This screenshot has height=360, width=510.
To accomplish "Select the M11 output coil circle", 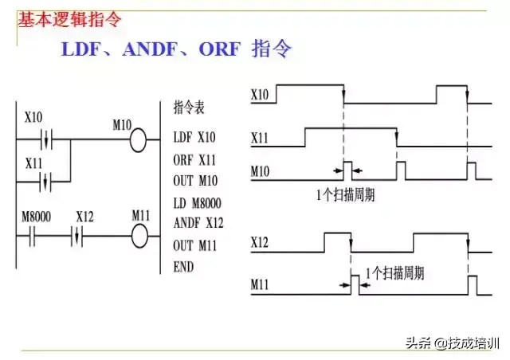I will click(x=139, y=237).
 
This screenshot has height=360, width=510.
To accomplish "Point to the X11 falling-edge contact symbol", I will click(x=46, y=181).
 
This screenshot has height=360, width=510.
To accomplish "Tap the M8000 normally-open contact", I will click(x=32, y=237).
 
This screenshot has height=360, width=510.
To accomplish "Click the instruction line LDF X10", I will click(x=194, y=137).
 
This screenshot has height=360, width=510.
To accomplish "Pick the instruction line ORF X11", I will click(x=194, y=158).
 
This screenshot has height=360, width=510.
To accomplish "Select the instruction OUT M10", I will click(x=195, y=180).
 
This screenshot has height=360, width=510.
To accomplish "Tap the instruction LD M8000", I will click(x=197, y=202).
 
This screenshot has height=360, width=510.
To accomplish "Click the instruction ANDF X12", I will click(x=197, y=222).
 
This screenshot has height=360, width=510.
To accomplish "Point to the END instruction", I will click(x=183, y=267).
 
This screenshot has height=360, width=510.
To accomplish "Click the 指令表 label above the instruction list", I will click(x=189, y=106).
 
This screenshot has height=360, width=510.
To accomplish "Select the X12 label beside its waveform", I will click(x=261, y=241).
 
